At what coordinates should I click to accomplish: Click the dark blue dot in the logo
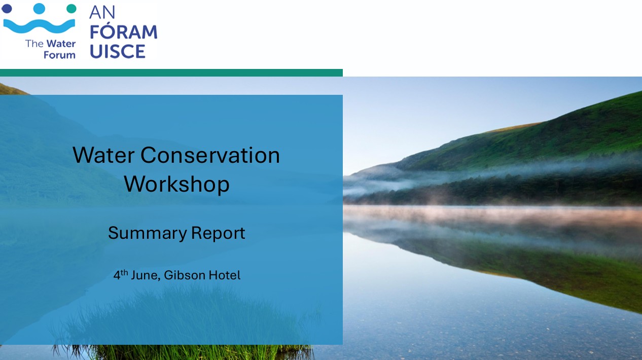[7, 9]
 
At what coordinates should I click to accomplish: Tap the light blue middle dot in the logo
[39, 9]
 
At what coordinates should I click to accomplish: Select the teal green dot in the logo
[72, 9]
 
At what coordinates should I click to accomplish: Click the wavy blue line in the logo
[39, 26]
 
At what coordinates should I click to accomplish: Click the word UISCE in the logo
[118, 51]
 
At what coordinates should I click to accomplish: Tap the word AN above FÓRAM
[102, 12]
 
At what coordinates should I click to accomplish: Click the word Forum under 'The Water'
[59, 54]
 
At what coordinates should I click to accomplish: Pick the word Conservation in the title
[210, 155]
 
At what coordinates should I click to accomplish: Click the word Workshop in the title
[176, 184]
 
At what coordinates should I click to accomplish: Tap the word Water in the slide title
[104, 155]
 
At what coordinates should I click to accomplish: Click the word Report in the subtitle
[218, 234]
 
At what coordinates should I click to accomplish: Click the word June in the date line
[146, 275]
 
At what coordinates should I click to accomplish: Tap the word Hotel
[225, 275]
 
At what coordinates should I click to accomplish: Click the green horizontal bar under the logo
[171, 73]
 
